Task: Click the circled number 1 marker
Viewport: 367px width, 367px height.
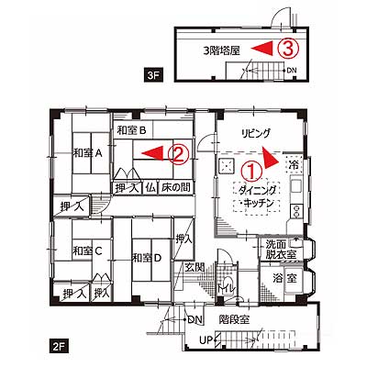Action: pyautogui.click(x=252, y=172)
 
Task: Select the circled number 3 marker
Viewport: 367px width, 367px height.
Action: pyautogui.click(x=287, y=49)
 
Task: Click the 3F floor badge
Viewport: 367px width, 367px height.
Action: pyautogui.click(x=153, y=75)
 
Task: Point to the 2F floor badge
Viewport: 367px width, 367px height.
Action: pyautogui.click(x=60, y=347)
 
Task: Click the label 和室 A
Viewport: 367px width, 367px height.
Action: pyautogui.click(x=87, y=152)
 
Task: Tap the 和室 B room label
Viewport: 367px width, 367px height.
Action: pyautogui.click(x=131, y=131)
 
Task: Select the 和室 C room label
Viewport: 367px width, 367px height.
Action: pyautogui.click(x=87, y=251)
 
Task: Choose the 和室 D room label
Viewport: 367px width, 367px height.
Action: pyautogui.click(x=147, y=258)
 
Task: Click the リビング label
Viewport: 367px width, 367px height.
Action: pyautogui.click(x=256, y=133)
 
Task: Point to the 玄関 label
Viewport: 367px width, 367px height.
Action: pyautogui.click(x=195, y=268)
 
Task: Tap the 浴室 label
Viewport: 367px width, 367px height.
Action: pyautogui.click(x=284, y=278)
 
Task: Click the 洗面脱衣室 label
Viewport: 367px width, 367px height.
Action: pyautogui.click(x=280, y=250)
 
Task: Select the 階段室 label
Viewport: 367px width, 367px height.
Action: pyautogui.click(x=234, y=320)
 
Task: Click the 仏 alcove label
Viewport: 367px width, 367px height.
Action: pyautogui.click(x=150, y=187)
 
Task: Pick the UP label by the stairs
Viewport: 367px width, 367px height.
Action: pyautogui.click(x=206, y=340)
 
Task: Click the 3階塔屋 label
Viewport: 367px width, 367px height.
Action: pyautogui.click(x=222, y=50)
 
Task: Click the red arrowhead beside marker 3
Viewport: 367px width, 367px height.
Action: pyautogui.click(x=261, y=49)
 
